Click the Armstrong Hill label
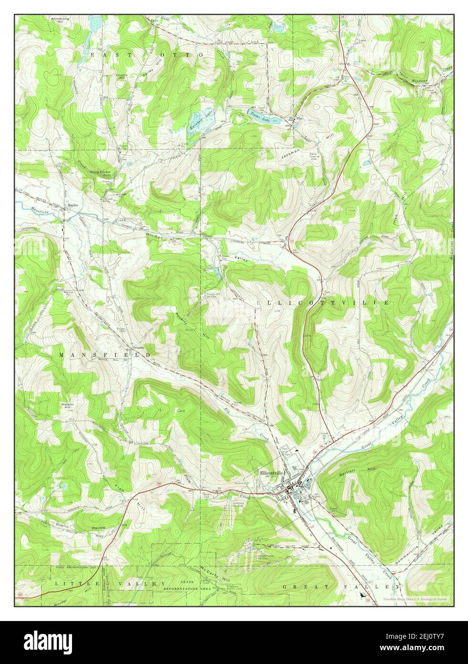(x=60, y=20)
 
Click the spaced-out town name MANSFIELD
(x=105, y=355)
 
